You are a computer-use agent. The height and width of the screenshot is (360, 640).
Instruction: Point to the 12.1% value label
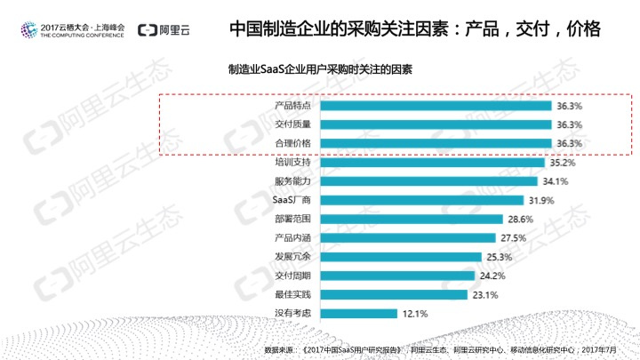click(416, 313)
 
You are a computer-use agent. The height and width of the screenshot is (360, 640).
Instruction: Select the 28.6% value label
click(519, 219)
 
